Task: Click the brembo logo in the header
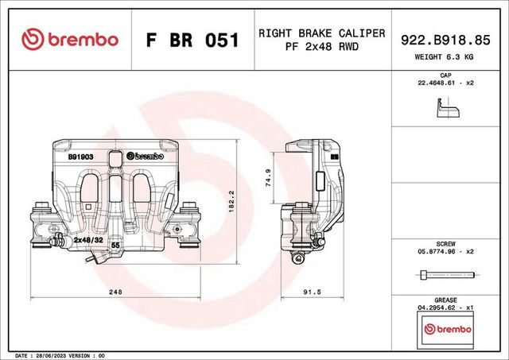coord(70,39)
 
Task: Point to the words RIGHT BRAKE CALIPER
coord(321,33)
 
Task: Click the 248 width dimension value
coord(115,292)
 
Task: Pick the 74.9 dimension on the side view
coord(268,177)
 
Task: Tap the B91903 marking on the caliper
coord(81,157)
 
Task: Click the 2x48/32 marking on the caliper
coord(88,238)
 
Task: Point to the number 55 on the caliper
coord(115,247)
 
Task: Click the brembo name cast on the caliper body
coord(146,157)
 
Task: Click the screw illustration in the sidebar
coord(445,275)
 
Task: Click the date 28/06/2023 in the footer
coord(59,355)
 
